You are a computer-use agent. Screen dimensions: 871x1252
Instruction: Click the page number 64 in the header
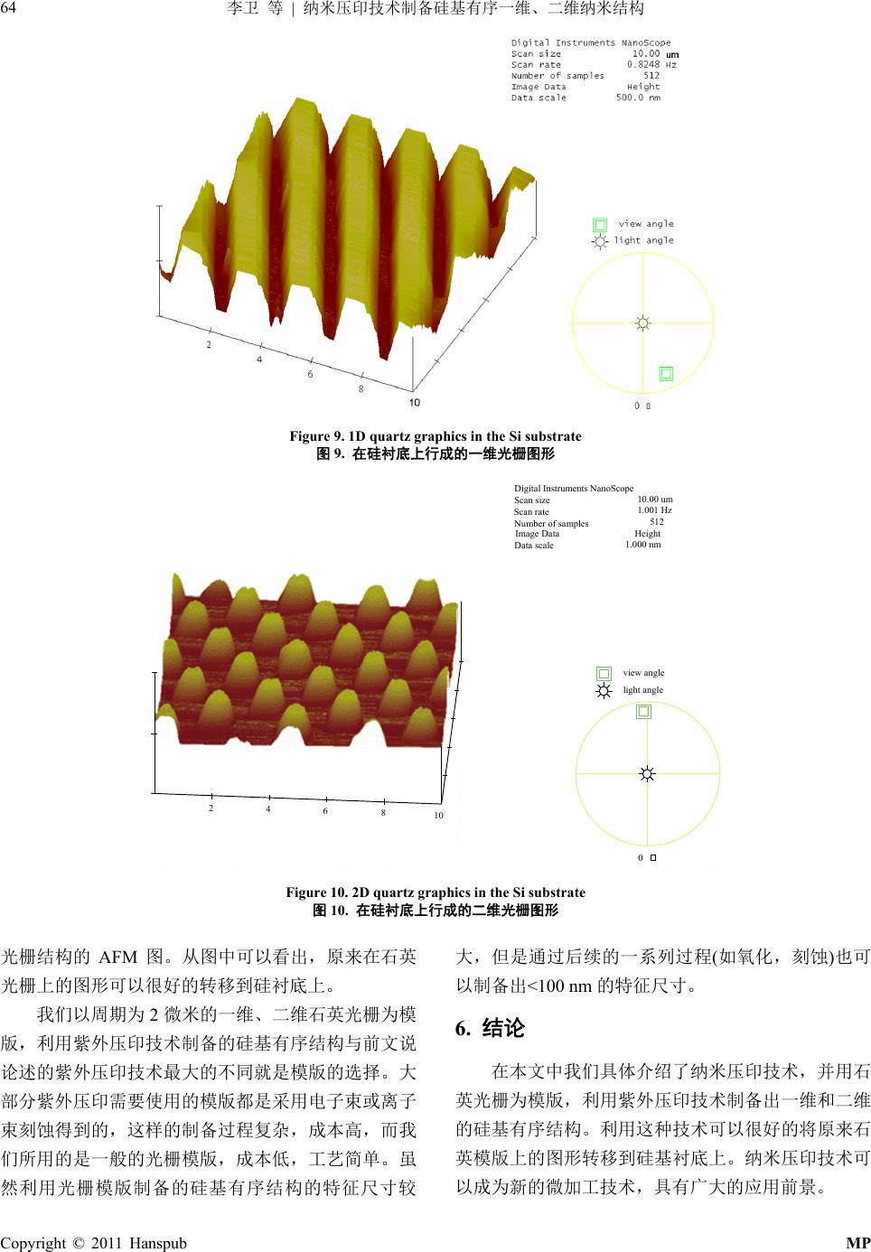click(x=8, y=8)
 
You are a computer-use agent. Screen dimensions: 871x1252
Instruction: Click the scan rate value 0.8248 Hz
click(x=651, y=65)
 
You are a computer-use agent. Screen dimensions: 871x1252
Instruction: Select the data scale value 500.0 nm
click(x=638, y=98)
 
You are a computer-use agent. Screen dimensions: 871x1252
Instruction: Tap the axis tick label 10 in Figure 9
click(x=414, y=403)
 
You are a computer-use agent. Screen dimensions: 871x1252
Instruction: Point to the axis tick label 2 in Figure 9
click(x=209, y=345)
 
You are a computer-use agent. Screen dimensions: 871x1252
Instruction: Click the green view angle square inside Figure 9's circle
click(x=665, y=374)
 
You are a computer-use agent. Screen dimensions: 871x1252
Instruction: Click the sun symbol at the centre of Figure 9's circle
click(x=643, y=323)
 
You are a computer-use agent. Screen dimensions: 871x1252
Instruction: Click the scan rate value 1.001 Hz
click(x=655, y=510)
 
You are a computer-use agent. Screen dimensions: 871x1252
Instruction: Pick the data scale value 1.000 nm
click(x=643, y=545)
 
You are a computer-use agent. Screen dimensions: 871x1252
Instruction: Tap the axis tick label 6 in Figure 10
click(x=324, y=811)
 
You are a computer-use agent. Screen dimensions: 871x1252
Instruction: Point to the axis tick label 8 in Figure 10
click(x=383, y=813)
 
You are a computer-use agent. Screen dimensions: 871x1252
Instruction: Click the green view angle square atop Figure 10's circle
click(x=643, y=712)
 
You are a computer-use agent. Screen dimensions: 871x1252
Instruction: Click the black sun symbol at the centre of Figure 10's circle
click(x=647, y=773)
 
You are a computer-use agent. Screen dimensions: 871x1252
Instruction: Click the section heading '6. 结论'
click(x=490, y=1028)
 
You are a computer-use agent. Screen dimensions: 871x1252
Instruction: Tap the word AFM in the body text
click(x=117, y=958)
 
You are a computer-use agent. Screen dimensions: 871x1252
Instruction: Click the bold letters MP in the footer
click(x=858, y=1243)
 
